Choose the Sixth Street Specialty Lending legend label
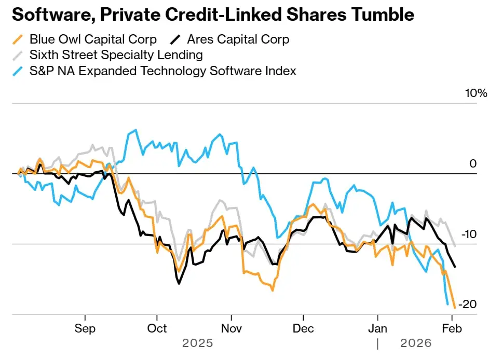point(116,54)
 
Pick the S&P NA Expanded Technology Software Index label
point(162,71)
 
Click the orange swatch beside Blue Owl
point(18,39)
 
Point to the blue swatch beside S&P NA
point(18,71)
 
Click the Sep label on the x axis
point(85,328)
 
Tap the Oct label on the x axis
point(157,328)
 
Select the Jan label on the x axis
point(377,328)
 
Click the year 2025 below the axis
point(197,343)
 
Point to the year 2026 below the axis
point(415,343)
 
